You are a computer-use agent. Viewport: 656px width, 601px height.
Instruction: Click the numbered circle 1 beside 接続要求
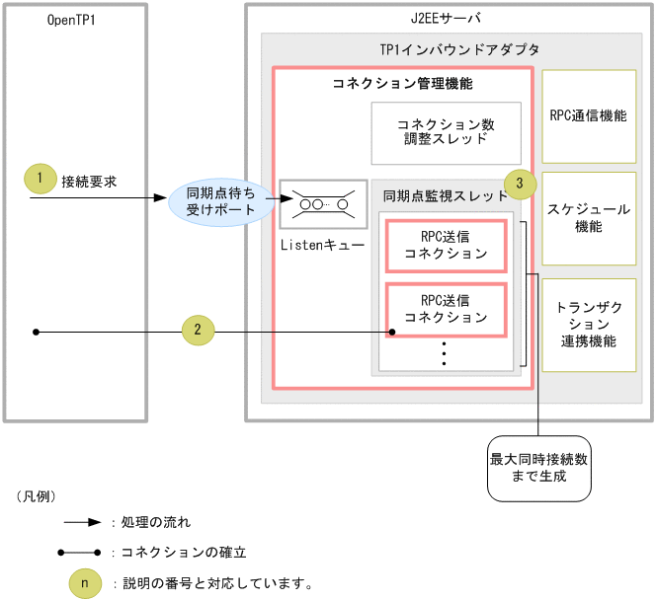point(39,180)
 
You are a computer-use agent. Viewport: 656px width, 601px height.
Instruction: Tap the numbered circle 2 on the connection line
point(198,331)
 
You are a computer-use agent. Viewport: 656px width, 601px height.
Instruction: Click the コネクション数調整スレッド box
point(445,132)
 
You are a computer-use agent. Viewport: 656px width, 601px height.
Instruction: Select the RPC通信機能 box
point(588,115)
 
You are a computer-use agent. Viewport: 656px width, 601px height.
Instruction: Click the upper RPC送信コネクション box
point(446,246)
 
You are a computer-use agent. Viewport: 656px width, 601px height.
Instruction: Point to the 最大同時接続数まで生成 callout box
point(538,467)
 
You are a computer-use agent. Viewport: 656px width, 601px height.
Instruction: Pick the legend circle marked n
point(84,583)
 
